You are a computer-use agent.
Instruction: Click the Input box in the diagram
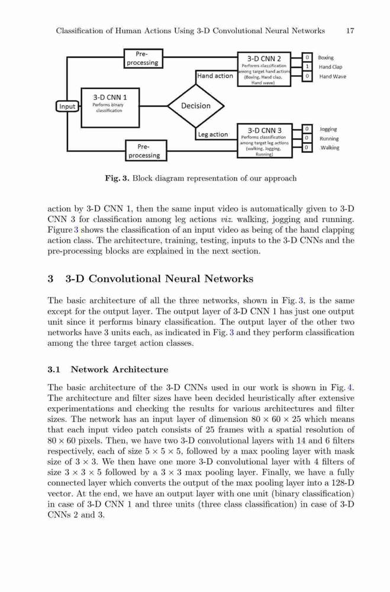pyautogui.click(x=67, y=107)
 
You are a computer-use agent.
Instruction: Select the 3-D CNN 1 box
pyautogui.click(x=110, y=108)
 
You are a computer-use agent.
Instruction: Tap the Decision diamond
pyautogui.click(x=195, y=106)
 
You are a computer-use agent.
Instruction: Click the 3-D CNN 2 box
pyautogui.click(x=264, y=69)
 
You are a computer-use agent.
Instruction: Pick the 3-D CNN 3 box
pyautogui.click(x=265, y=140)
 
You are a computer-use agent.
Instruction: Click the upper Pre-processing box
pyautogui.click(x=143, y=59)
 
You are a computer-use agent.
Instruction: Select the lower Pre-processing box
pyautogui.click(x=146, y=150)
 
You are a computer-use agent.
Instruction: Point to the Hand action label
pyautogui.click(x=215, y=76)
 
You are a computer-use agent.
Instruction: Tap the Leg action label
pyautogui.click(x=213, y=134)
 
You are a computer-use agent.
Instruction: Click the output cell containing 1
pyautogui.click(x=307, y=66)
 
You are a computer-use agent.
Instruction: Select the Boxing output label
pyautogui.click(x=326, y=58)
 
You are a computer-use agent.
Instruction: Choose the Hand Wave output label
pyautogui.click(x=333, y=76)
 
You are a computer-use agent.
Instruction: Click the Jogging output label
pyautogui.click(x=328, y=129)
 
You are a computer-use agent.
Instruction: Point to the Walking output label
pyautogui.click(x=330, y=147)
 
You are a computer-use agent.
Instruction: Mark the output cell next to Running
pyautogui.click(x=307, y=138)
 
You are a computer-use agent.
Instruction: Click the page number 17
pyautogui.click(x=350, y=31)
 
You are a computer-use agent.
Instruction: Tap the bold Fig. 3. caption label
pyautogui.click(x=117, y=178)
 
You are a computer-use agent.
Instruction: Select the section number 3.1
pyautogui.click(x=54, y=369)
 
